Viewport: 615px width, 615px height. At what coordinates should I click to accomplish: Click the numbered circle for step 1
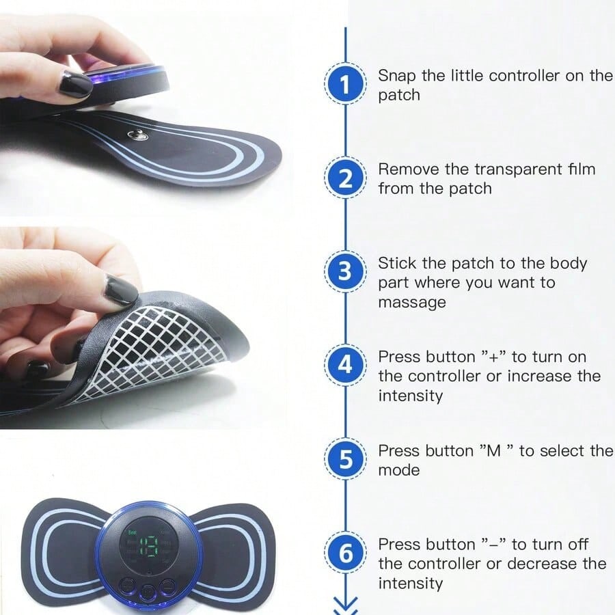[x=345, y=85]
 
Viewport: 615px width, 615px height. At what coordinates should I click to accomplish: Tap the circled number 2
[x=345, y=178]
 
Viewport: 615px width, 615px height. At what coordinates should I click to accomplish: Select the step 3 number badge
[x=345, y=272]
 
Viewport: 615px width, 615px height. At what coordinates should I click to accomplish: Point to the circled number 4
[x=345, y=366]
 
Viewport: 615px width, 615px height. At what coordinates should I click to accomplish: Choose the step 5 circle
[x=345, y=459]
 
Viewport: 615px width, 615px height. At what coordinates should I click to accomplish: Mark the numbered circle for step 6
[x=345, y=553]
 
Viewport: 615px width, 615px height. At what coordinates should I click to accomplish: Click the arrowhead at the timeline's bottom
[x=345, y=604]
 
